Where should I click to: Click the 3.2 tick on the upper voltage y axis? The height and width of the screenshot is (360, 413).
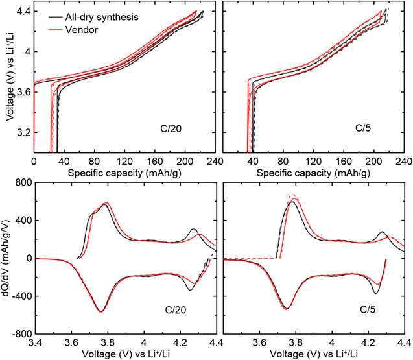(x=23, y=132)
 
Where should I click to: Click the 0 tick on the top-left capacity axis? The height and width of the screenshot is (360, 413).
(x=34, y=160)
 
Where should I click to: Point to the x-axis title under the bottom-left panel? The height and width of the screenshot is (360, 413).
(x=126, y=354)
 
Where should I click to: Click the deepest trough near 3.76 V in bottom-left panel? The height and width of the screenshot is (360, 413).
(x=101, y=312)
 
